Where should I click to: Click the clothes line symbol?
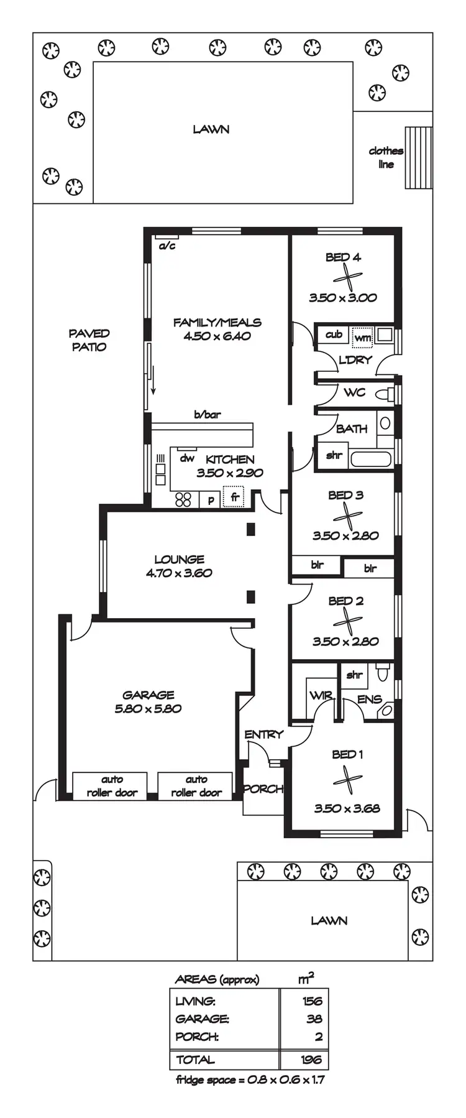(418, 157)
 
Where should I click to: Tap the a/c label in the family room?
(167, 246)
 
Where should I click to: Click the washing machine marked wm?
(362, 337)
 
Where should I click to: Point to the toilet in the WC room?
(389, 393)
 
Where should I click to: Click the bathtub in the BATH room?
(370, 459)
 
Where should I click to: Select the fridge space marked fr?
(235, 497)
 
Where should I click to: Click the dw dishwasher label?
(186, 458)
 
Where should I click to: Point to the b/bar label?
(208, 415)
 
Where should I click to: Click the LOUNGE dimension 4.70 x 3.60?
(179, 573)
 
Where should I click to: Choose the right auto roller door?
(196, 786)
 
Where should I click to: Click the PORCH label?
(263, 789)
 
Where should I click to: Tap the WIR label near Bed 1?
(321, 696)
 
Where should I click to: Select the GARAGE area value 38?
(314, 1019)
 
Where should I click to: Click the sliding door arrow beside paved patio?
(153, 381)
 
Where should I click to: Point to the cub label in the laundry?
(334, 335)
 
